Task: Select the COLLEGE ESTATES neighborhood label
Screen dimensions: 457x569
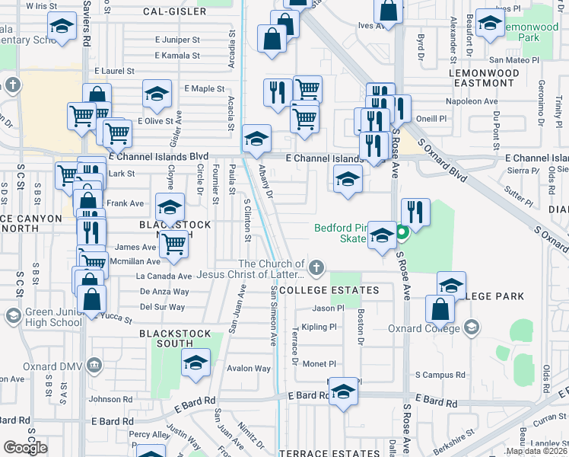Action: coord(329,291)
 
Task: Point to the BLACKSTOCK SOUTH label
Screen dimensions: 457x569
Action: coord(176,334)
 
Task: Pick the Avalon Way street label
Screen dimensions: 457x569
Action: coord(249,369)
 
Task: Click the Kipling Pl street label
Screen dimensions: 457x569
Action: coord(319,328)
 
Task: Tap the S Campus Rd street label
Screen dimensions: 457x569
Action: coord(440,376)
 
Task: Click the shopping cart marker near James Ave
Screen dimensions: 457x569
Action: coord(174,244)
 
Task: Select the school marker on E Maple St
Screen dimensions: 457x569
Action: coord(157,94)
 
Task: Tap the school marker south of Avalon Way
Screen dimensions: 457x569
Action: coord(195,363)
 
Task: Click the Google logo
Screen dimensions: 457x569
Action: coord(26,448)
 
